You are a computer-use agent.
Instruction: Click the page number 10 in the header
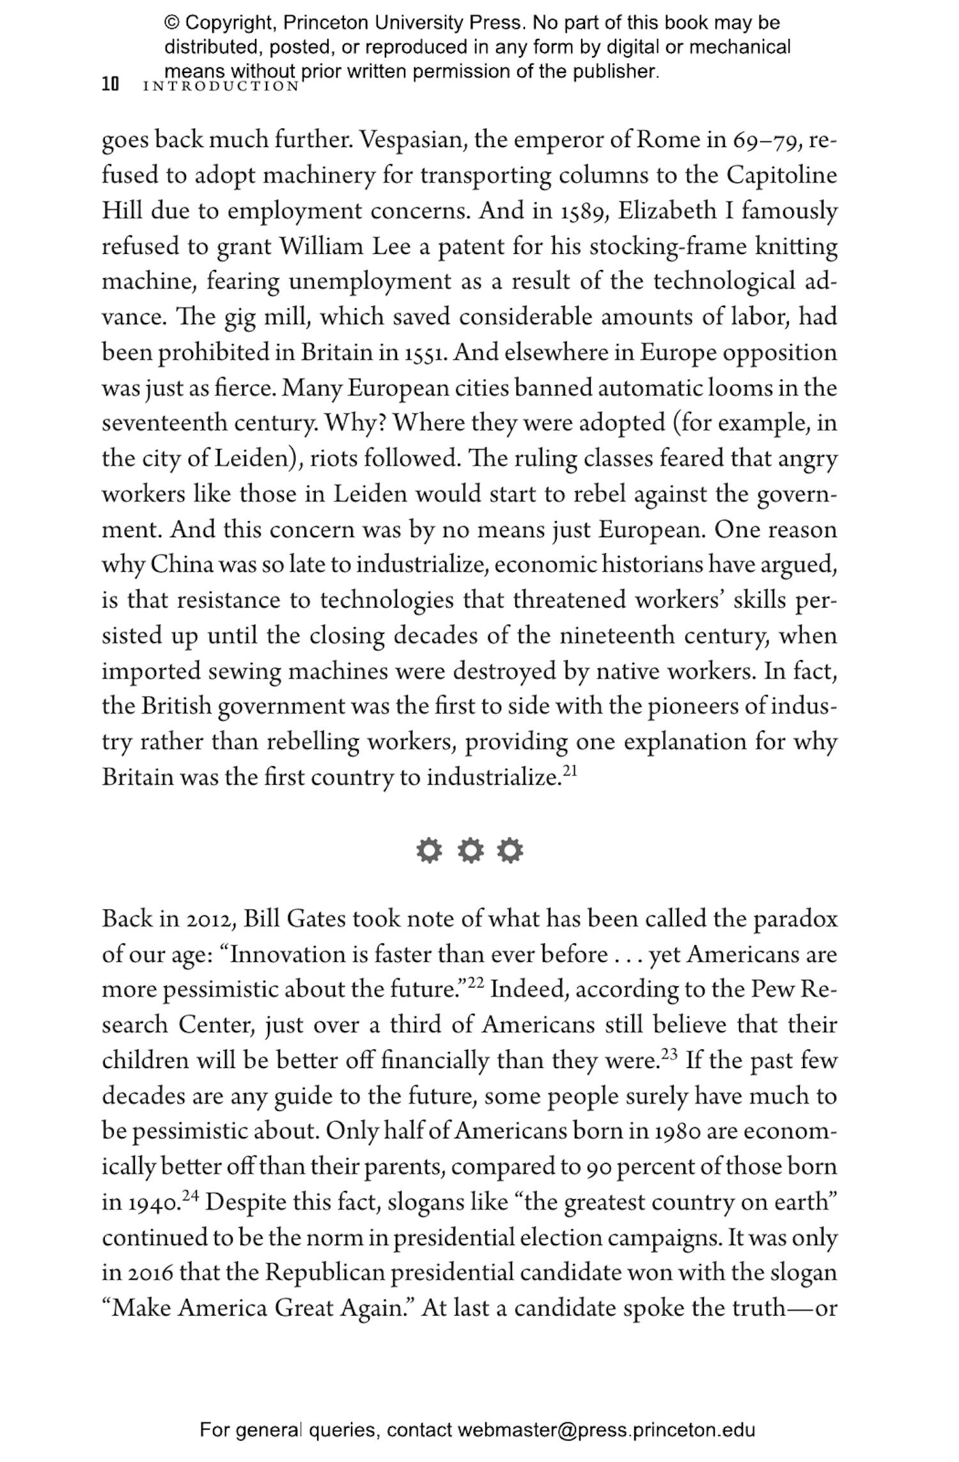point(110,84)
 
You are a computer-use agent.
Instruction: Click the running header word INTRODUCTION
point(221,86)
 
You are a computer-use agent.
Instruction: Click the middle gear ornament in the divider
point(470,851)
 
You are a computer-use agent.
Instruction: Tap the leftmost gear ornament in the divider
point(429,851)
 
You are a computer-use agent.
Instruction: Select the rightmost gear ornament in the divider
point(510,851)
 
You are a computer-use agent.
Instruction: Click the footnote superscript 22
point(476,983)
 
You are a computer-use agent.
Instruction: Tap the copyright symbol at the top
point(172,23)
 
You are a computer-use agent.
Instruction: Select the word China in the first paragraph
point(182,565)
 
